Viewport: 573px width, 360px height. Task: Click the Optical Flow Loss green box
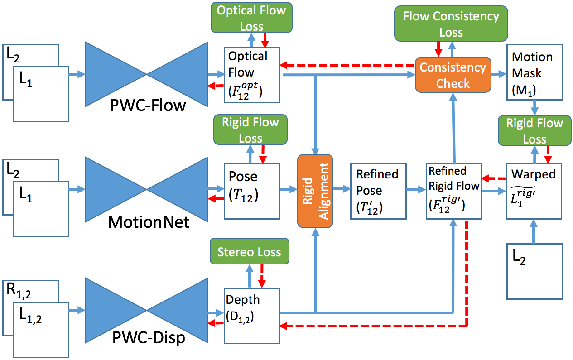click(252, 19)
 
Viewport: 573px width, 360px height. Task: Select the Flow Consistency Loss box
click(451, 24)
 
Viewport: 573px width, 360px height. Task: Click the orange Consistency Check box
click(453, 75)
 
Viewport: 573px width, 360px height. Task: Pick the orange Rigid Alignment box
click(315, 191)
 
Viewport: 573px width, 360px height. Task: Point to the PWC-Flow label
click(148, 106)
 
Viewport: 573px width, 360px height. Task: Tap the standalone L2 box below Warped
click(534, 271)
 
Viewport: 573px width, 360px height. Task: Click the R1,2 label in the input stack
click(20, 289)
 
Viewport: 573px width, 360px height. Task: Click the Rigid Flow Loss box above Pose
click(250, 130)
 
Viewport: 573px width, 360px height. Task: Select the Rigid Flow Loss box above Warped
click(534, 130)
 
